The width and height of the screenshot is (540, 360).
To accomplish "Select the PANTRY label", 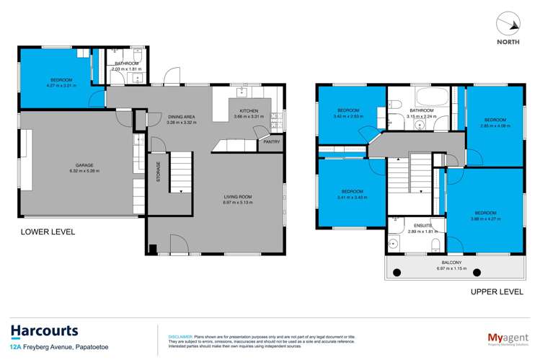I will point(272,142).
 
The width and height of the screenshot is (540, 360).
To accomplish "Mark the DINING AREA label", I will point(182,116).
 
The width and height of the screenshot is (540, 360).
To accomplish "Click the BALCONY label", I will point(452,263).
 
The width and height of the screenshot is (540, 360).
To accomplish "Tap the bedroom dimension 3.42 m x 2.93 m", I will point(346,115).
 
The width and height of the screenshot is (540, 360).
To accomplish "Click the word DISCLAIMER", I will point(180,336).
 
